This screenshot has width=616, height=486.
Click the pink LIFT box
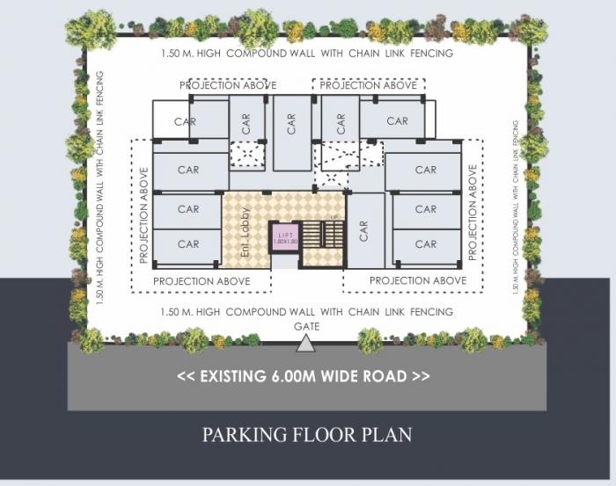pyautogui.click(x=285, y=237)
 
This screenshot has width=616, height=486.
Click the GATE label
pyautogui.click(x=307, y=326)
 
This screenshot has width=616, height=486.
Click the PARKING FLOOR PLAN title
pyautogui.click(x=306, y=434)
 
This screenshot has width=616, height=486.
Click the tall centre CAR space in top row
pyautogui.click(x=291, y=132)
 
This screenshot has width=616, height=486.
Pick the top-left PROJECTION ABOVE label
pyautogui.click(x=228, y=85)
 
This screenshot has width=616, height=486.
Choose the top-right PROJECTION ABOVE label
pyautogui.click(x=369, y=85)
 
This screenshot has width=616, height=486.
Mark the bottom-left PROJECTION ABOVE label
pyautogui.click(x=202, y=281)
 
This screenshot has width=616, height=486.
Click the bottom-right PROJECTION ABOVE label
pyautogui.click(x=418, y=281)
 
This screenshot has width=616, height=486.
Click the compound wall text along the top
pyautogui.click(x=307, y=54)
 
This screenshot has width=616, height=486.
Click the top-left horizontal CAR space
pyautogui.click(x=187, y=121)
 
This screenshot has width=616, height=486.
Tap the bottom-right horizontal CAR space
pyautogui.click(x=426, y=244)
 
